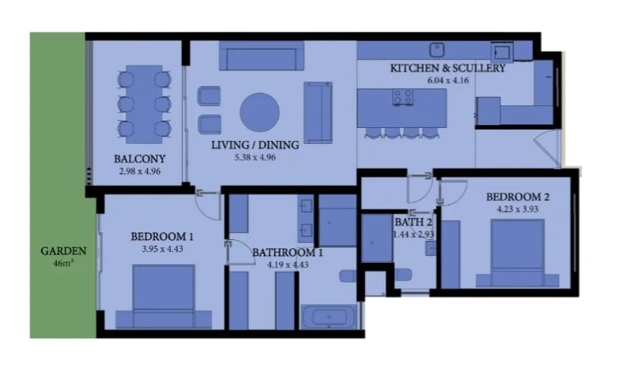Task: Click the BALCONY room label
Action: click(x=139, y=159)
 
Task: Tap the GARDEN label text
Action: click(x=63, y=251)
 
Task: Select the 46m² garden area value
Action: click(x=63, y=264)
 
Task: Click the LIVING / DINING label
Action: click(x=254, y=145)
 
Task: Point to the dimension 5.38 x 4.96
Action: click(x=254, y=158)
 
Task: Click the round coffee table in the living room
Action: click(x=260, y=112)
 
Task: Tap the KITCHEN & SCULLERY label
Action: click(x=448, y=69)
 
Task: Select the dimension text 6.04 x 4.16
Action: click(x=448, y=80)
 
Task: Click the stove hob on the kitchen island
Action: click(x=403, y=97)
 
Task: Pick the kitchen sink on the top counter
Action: click(x=437, y=50)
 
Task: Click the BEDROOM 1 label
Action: click(x=162, y=237)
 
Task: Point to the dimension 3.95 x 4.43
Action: click(x=162, y=249)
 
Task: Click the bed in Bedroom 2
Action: click(x=517, y=253)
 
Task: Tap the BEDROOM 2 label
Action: click(x=517, y=197)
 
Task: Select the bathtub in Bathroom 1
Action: click(x=329, y=317)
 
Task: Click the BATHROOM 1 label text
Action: click(x=287, y=253)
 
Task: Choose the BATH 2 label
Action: click(x=414, y=222)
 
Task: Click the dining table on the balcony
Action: click(x=144, y=104)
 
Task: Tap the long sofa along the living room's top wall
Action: click(x=261, y=56)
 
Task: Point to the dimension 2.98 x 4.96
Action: click(x=139, y=171)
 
